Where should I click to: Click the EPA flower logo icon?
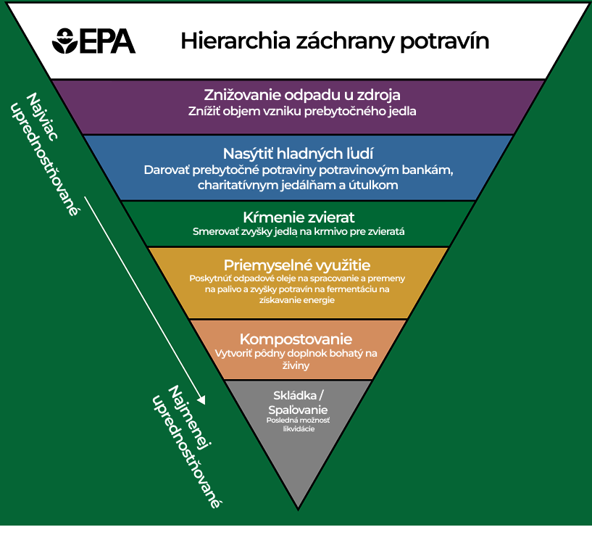65,41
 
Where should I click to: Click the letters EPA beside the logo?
107,41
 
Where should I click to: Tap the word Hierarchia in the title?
235,41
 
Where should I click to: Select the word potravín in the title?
444,41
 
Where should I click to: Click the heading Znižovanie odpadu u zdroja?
302,95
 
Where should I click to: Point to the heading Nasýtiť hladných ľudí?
299,154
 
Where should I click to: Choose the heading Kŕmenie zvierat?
299,217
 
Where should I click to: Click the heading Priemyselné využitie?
297,265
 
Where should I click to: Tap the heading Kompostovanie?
296,339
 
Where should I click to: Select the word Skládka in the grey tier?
295,396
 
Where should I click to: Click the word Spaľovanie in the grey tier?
298,410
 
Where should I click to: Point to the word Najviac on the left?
42,117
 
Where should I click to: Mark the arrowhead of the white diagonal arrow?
201,399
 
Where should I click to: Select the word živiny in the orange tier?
296,365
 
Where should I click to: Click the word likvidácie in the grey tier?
299,429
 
